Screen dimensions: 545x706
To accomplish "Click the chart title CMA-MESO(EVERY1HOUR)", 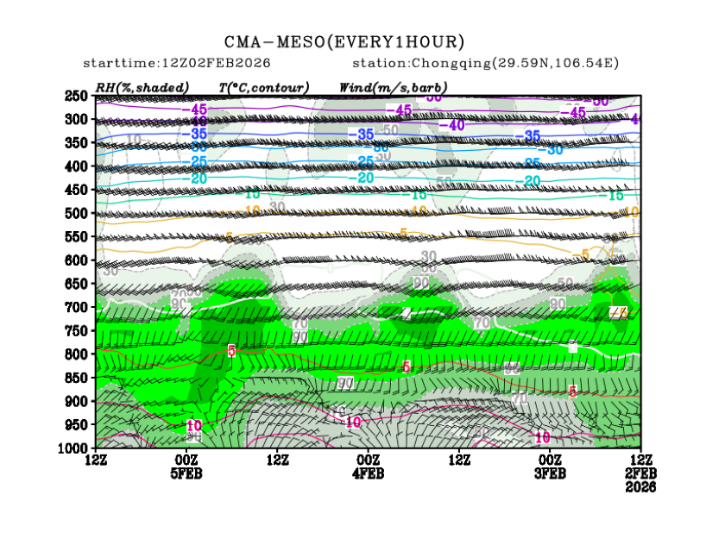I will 344,41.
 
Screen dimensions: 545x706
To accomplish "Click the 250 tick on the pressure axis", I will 78,96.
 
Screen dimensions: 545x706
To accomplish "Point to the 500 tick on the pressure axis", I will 78,213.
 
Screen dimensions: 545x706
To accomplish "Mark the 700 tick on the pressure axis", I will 78,307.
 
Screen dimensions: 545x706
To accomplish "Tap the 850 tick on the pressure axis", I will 78,378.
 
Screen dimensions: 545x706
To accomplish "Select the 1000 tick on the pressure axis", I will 74,448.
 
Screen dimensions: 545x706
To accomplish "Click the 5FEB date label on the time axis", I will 186,473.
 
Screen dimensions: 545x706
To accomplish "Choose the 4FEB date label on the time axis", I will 369,473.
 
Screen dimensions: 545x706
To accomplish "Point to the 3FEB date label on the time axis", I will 550,473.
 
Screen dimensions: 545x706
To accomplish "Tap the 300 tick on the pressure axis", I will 78,119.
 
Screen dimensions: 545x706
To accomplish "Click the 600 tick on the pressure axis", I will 78,260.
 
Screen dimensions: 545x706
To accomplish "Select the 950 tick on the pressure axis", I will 78,424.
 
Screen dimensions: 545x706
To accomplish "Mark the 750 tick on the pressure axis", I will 78,330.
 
